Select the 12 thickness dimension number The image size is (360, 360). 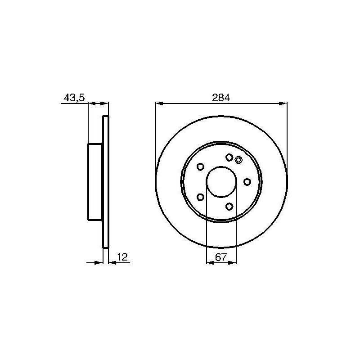pyautogui.click(x=122, y=257)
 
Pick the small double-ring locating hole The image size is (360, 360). pyautogui.click(x=238, y=159)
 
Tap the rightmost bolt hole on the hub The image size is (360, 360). pyautogui.click(x=247, y=181)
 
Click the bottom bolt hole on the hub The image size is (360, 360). pyautogui.click(x=229, y=206)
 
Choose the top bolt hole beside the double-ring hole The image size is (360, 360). pyautogui.click(x=229, y=157)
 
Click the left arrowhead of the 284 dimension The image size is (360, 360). pyautogui.click(x=159, y=103)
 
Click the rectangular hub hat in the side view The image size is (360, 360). pyautogui.click(x=95, y=182)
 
